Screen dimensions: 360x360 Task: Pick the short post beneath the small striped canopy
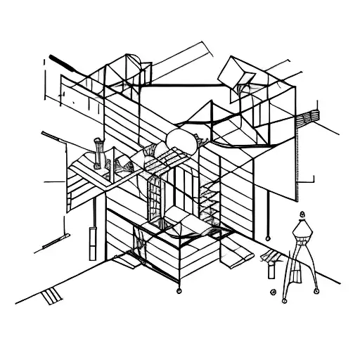270,267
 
